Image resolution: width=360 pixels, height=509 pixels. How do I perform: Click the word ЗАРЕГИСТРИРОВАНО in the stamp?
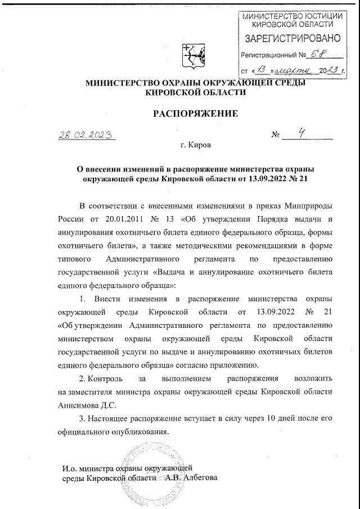[291, 39]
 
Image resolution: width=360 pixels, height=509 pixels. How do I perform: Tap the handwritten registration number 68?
[320, 55]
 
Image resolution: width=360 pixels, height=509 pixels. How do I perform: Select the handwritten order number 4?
[302, 134]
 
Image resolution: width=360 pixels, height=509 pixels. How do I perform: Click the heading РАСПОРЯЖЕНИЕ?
[196, 114]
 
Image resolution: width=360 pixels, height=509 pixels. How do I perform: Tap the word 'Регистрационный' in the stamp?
[267, 56]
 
